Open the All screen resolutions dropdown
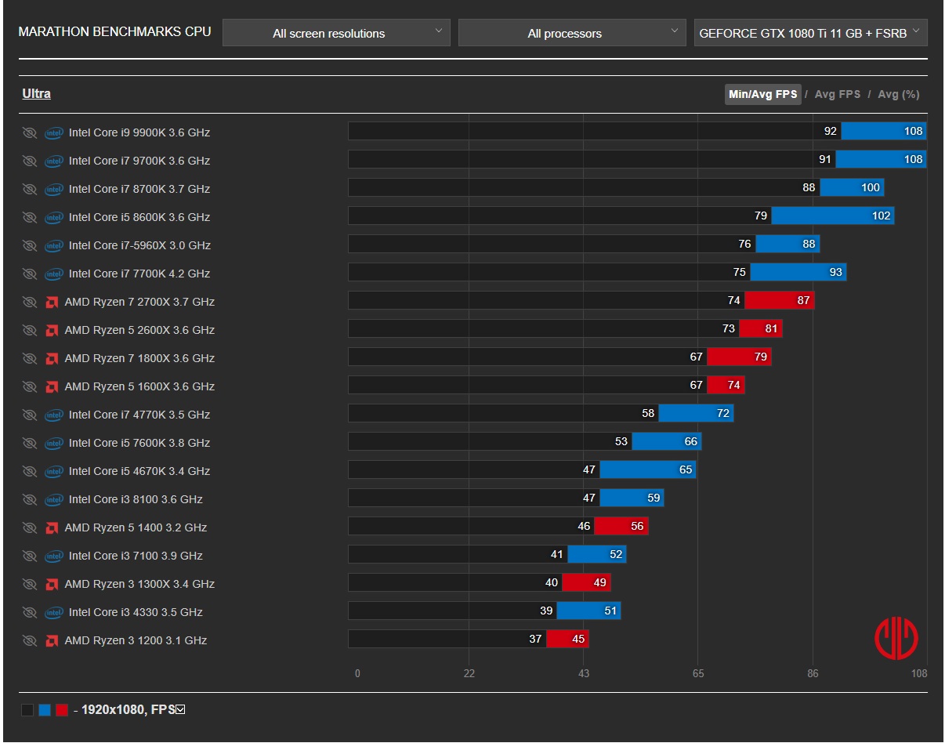tap(336, 33)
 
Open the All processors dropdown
tap(572, 33)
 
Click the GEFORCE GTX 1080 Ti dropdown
tap(810, 33)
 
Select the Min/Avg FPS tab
tap(762, 94)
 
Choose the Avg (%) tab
tap(899, 94)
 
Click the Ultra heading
tap(37, 93)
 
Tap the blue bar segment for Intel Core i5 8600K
tap(832, 216)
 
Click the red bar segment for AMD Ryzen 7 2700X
tap(780, 300)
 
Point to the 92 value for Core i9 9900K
tap(830, 131)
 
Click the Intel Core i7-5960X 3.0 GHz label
tap(139, 245)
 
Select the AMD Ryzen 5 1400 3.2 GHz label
tap(136, 527)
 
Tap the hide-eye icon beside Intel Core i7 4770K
tap(30, 415)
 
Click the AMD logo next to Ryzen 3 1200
tap(52, 641)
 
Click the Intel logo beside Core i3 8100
tap(54, 500)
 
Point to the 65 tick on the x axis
tap(698, 673)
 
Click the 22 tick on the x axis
tap(469, 673)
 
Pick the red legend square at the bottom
tap(62, 710)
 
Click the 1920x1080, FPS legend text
tap(129, 710)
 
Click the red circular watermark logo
tap(896, 638)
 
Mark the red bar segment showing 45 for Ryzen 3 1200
tap(567, 639)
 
